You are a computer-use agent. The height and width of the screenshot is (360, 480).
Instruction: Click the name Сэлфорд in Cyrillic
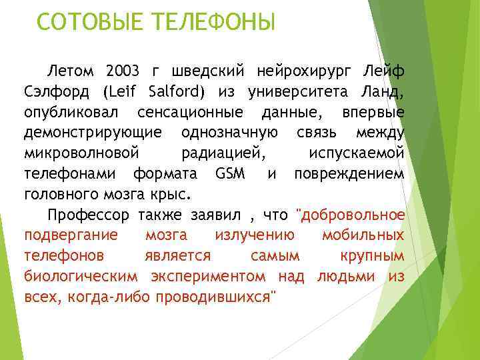[x=57, y=91]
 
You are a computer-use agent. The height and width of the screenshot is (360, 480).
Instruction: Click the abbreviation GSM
[x=231, y=174]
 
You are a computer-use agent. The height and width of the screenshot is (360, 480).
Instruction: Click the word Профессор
[x=90, y=215]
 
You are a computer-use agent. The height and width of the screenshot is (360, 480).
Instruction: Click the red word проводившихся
[x=215, y=297]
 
